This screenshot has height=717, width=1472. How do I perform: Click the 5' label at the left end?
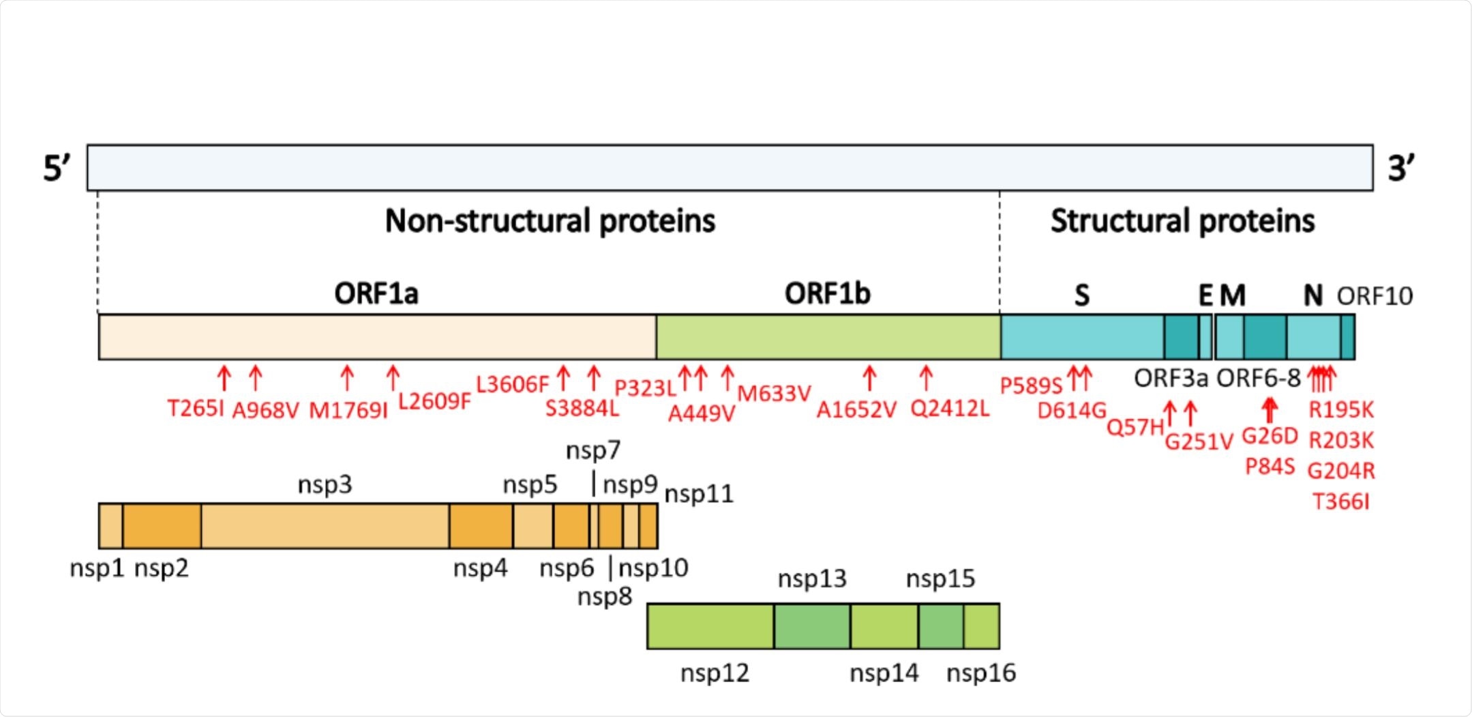pos(56,168)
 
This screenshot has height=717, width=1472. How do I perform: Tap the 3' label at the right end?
pos(1401,168)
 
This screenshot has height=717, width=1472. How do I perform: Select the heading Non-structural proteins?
pos(550,221)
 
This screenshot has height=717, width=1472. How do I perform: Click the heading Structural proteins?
pos(1182,221)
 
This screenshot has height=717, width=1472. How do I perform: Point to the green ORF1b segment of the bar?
pos(828,337)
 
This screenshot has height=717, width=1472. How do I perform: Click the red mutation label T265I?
pos(195,409)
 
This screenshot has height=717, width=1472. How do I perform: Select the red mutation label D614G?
pos(1071,411)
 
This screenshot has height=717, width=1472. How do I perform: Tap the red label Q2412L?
pos(949,409)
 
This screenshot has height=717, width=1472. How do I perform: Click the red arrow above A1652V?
pos(869,377)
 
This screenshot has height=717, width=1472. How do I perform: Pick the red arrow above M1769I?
pos(347,377)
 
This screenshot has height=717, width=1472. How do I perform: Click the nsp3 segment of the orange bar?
pos(325,526)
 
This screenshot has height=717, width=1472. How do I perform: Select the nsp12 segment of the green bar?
pos(710,626)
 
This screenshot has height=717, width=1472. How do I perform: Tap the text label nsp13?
pos(811,579)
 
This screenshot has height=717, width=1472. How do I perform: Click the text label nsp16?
pos(980,673)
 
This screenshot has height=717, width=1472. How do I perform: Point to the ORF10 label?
pos(1374,296)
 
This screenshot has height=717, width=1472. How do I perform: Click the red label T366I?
pos(1340,502)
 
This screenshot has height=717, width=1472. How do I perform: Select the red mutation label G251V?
pos(1198,442)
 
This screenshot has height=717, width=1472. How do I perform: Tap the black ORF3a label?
pos(1170,378)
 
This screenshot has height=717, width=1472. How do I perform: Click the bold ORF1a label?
pos(376,294)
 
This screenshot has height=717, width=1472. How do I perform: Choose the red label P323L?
pos(644,388)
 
